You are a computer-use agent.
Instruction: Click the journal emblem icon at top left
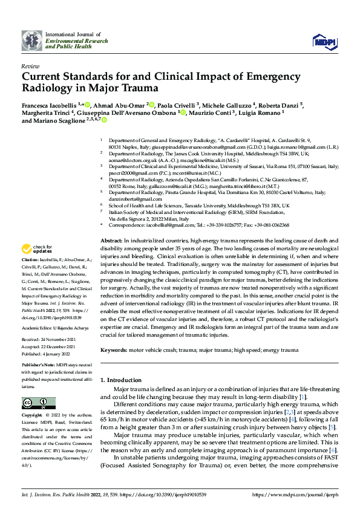pyautogui.click(x=31, y=40)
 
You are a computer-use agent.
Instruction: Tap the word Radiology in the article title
pyautogui.click(x=47, y=88)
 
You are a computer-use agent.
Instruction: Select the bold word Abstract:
pyautogui.click(x=111, y=257)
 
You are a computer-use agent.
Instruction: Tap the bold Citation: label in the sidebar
pyautogui.click(x=31, y=275)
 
